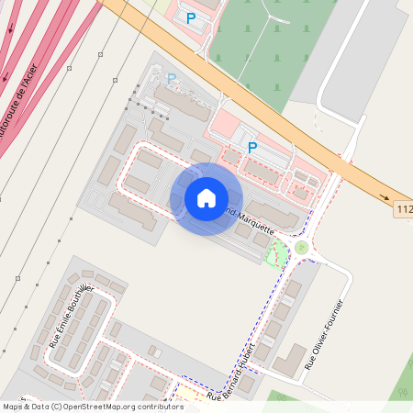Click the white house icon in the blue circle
coord(206,198)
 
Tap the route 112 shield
coord(404,211)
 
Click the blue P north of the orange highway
coord(191,17)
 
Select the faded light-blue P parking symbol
coord(171,80)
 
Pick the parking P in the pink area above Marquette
coord(252,146)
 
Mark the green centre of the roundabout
coord(301,247)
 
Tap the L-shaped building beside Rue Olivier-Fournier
coord(290,359)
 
